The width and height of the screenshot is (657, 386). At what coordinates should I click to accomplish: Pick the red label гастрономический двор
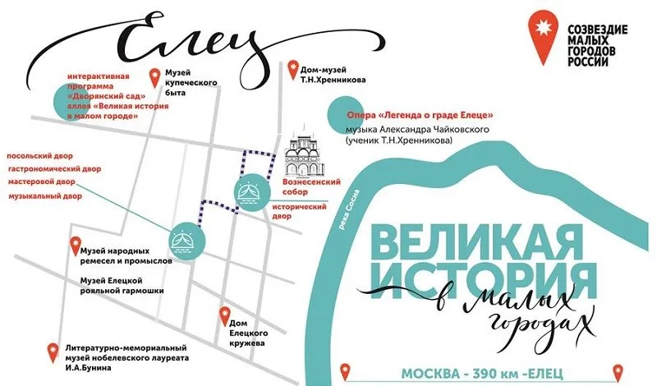pyautogui.click(x=54, y=169)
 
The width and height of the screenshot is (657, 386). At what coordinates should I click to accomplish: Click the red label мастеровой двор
pyautogui.click(x=42, y=184)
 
